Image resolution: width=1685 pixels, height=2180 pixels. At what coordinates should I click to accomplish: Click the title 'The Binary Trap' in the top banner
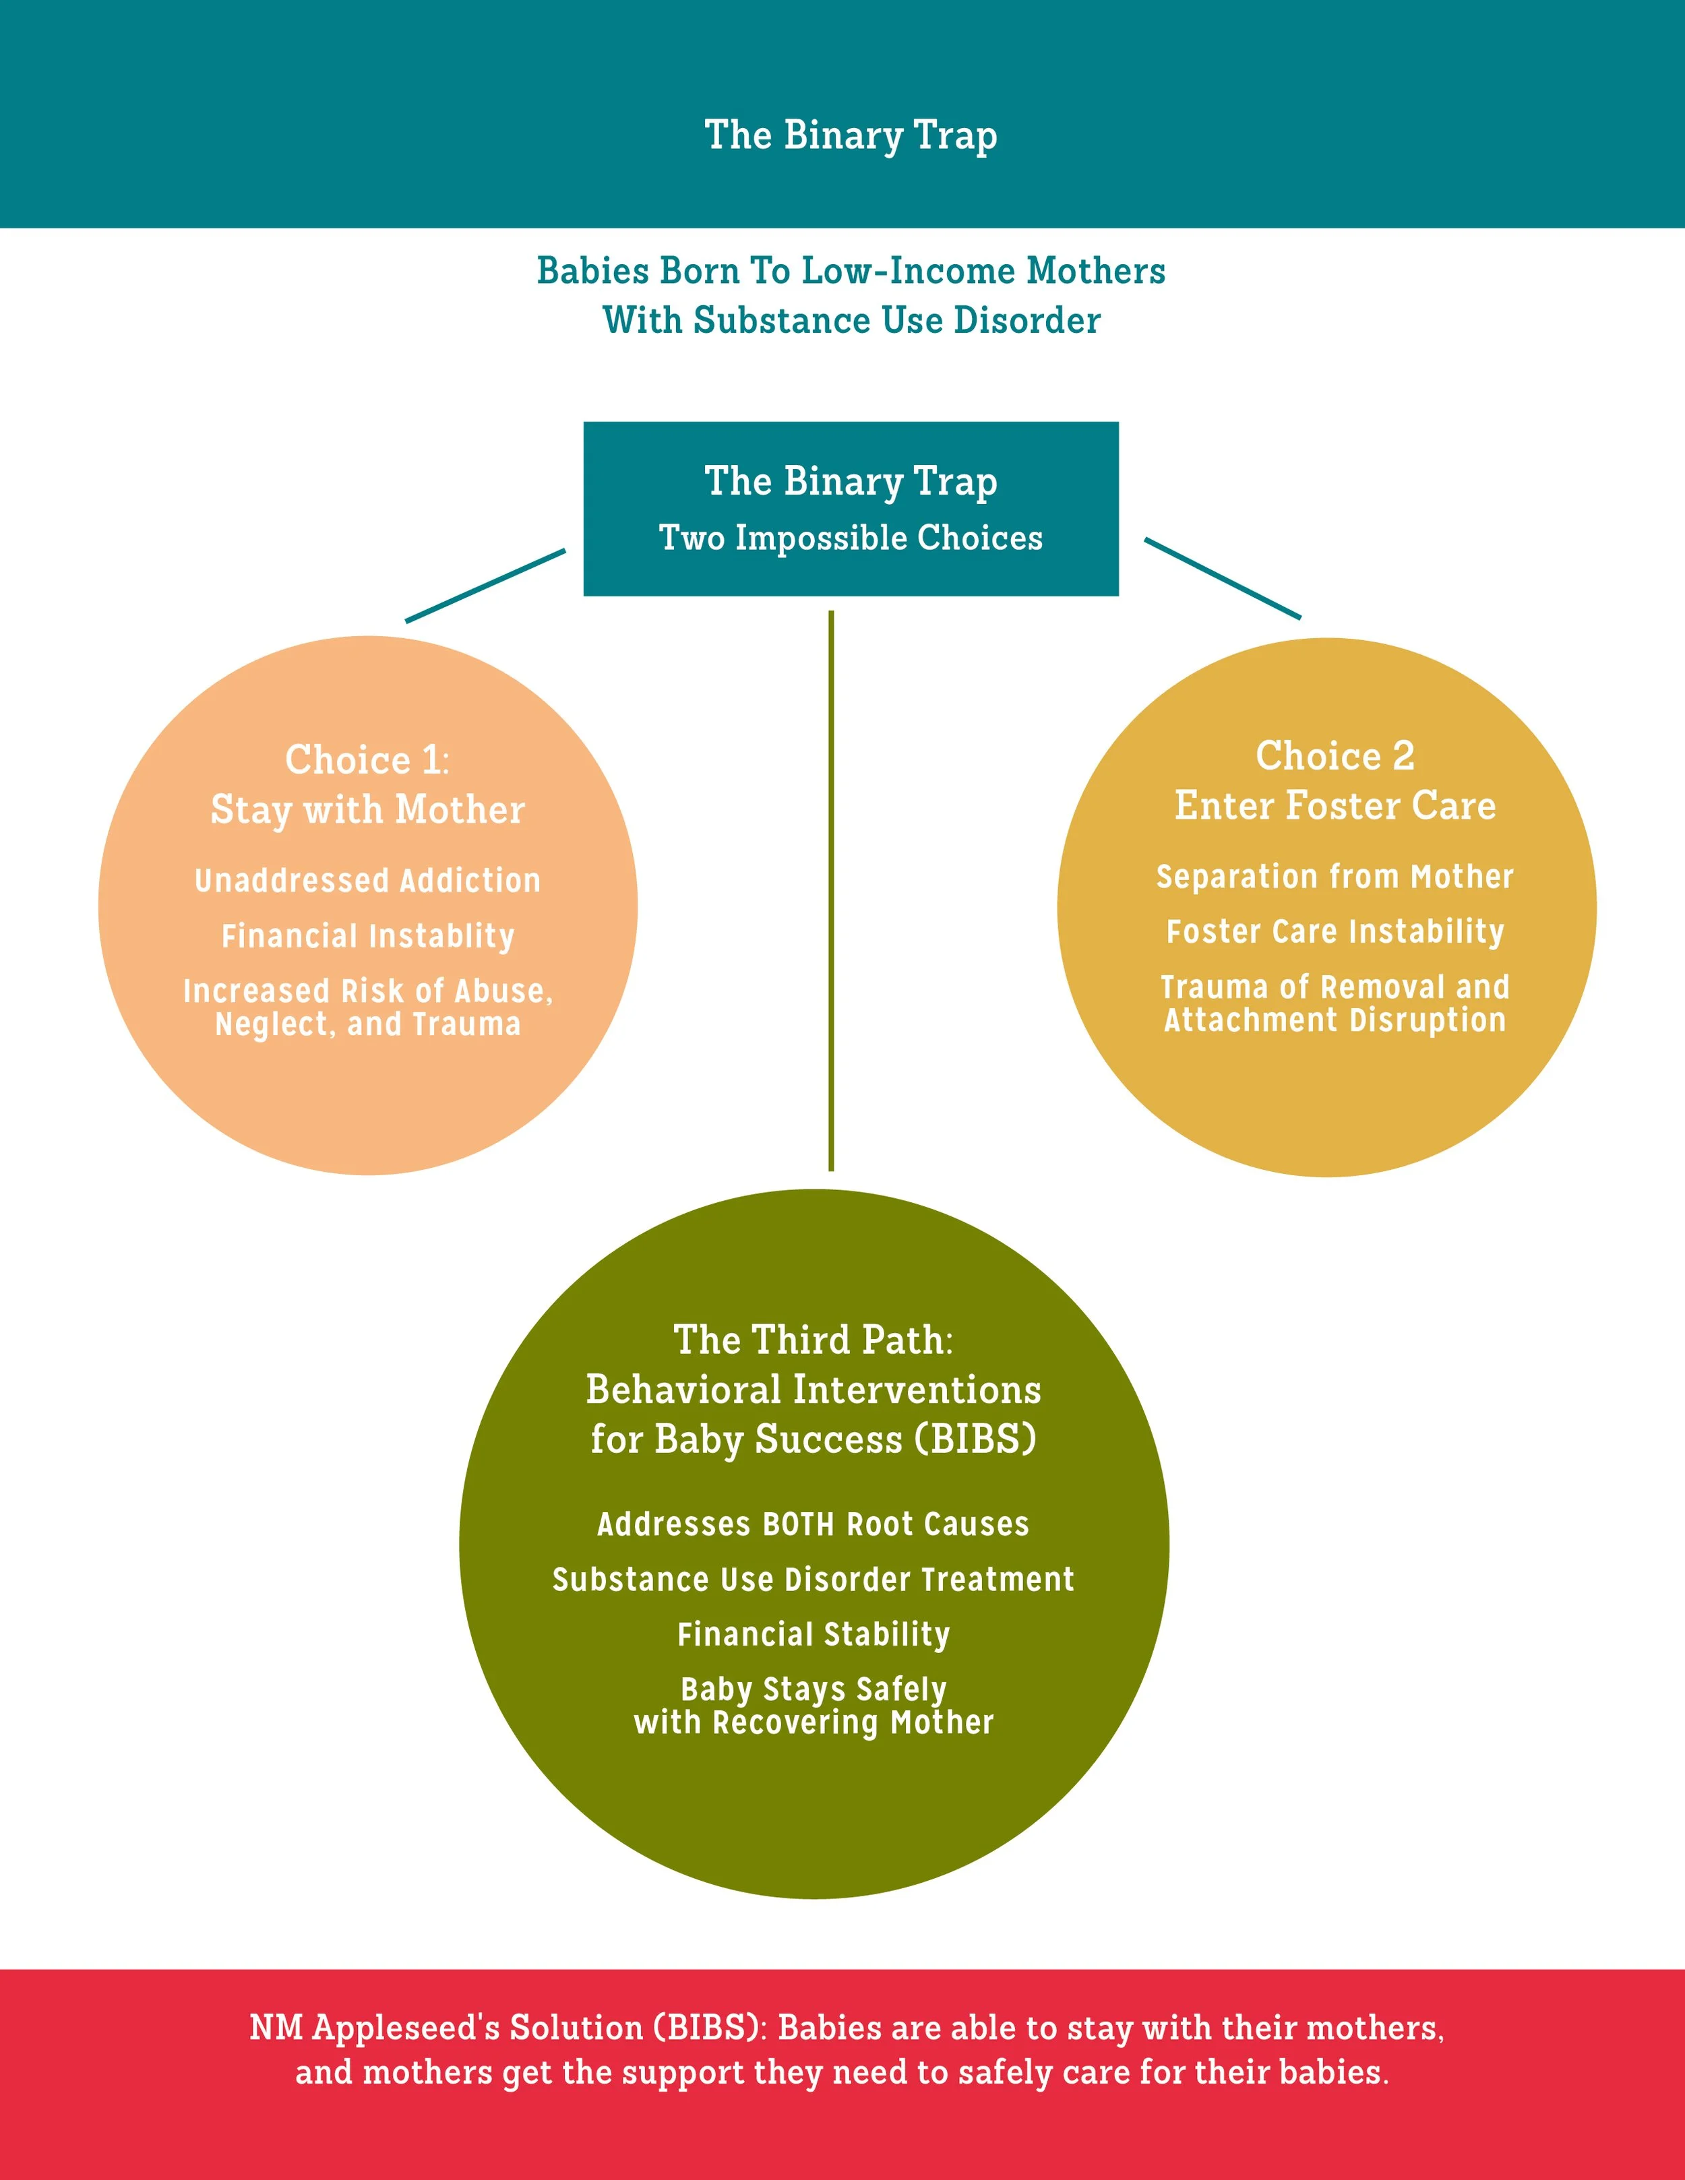(x=851, y=135)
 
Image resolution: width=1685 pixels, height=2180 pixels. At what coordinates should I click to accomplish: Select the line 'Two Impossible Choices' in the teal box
(x=851, y=538)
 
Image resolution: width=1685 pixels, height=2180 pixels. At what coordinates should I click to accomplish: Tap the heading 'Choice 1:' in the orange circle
(x=367, y=759)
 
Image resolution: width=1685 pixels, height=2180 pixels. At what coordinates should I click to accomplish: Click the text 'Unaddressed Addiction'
(x=367, y=880)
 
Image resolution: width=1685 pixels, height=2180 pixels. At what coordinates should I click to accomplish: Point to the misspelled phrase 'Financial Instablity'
(x=367, y=935)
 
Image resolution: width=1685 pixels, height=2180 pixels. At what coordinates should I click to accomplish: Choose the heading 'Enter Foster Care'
(x=1335, y=805)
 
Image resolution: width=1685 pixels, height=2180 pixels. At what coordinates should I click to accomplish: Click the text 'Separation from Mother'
(x=1335, y=877)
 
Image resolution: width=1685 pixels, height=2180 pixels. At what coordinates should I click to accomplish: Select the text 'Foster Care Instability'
(x=1335, y=931)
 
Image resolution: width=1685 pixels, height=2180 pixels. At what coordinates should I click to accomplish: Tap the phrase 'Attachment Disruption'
(x=1335, y=1020)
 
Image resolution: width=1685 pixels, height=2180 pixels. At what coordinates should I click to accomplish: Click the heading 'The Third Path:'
(x=813, y=1340)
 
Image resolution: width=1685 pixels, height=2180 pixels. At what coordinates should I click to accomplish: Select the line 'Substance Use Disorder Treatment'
(x=813, y=1579)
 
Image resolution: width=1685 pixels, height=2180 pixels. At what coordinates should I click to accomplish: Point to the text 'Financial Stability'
(x=813, y=1634)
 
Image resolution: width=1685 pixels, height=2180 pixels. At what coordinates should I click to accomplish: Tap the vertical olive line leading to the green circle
(x=830, y=888)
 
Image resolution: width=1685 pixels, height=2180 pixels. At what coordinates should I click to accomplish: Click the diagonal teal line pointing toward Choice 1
(x=485, y=586)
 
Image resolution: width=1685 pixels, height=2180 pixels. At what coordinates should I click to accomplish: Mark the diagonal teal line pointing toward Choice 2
(x=1222, y=578)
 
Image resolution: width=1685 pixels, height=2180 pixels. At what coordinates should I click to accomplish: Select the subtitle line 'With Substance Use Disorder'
(x=851, y=320)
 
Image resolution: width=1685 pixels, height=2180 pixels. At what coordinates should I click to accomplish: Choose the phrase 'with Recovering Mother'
(x=813, y=1723)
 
